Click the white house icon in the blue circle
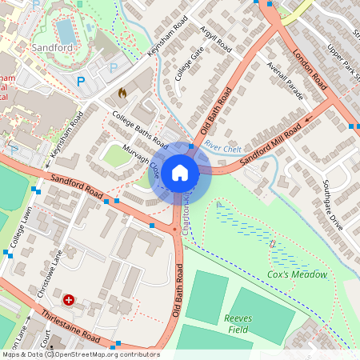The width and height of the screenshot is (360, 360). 180,172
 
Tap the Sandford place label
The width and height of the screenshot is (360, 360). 53,48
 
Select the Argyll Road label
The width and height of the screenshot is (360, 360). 215,37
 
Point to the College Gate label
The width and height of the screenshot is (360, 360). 190,65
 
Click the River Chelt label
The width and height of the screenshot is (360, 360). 222,146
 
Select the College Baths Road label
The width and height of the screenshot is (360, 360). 139,130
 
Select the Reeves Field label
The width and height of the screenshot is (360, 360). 238,323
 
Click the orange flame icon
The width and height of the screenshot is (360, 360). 122,93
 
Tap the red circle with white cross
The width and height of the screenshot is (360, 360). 69,300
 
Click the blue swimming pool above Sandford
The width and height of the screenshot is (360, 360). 66,31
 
